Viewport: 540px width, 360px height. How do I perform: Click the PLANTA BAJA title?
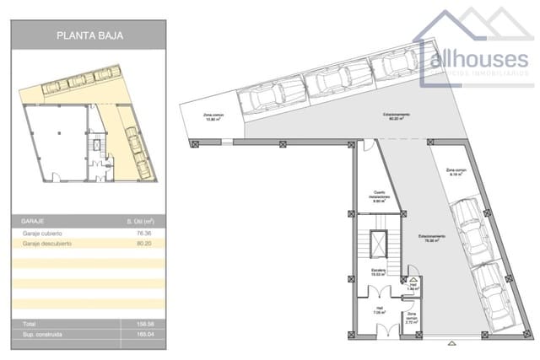[x=89, y=36]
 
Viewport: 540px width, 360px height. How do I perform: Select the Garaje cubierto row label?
[x=43, y=232]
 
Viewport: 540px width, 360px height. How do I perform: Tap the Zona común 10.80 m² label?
[x=213, y=116]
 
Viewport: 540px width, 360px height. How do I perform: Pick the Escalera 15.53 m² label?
[x=378, y=271]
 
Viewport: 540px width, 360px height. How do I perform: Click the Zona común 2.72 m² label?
[x=413, y=320]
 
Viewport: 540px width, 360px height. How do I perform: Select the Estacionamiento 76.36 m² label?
[x=429, y=238]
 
